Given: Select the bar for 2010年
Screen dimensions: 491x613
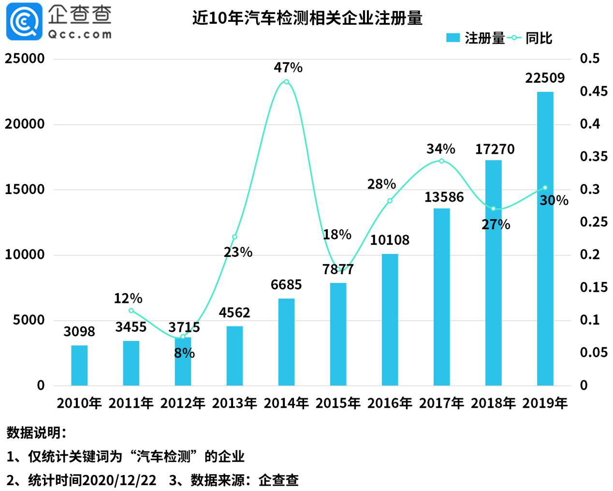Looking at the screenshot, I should pos(79,365).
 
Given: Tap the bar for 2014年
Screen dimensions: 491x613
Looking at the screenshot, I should pos(286,342).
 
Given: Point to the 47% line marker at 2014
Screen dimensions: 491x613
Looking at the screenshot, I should pos(286,82).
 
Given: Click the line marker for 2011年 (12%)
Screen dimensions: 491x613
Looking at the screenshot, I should pos(131,311).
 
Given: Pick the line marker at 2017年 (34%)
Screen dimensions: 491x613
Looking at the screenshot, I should pos(441,161).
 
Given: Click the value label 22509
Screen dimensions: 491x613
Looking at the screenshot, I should pos(545,78).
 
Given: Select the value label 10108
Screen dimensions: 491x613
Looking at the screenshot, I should pos(390,240).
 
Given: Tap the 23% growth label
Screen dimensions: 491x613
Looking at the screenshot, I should pos(238,252).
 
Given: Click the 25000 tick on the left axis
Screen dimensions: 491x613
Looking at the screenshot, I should pos(25,59).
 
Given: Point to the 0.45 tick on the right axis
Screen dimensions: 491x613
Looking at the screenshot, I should pos(594,91).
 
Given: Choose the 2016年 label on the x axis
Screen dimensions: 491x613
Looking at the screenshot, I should pos(390,403).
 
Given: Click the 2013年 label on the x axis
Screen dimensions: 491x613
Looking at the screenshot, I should pos(234,403).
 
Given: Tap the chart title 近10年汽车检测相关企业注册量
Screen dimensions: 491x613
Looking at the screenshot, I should pos(307,18).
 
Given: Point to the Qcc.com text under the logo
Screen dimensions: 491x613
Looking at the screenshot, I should pos(80,34).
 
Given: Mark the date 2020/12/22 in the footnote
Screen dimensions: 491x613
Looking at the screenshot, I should pos(119,480).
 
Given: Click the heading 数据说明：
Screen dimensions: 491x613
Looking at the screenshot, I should pos(36,432).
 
